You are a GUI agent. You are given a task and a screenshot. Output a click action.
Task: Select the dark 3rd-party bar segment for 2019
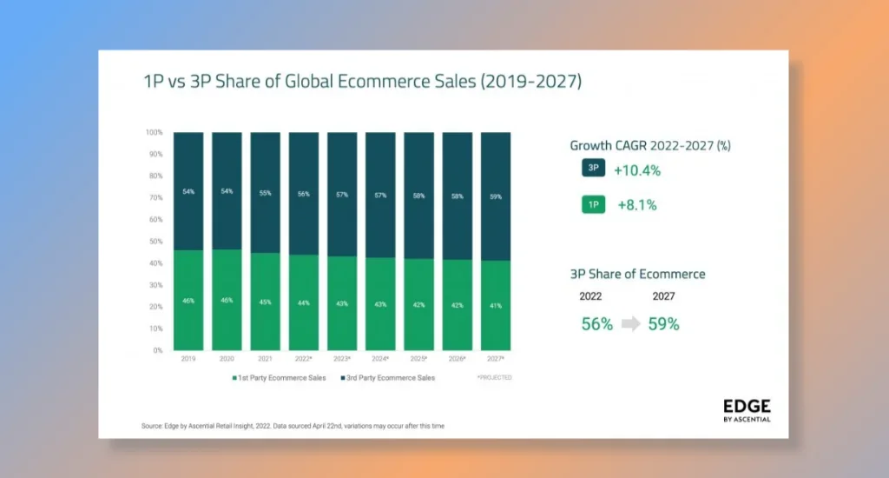188,191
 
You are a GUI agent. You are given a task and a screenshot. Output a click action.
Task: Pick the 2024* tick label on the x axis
380,358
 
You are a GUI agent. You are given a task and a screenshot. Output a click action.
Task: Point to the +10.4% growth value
637,170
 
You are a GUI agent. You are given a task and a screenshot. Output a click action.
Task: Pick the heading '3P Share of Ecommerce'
637,274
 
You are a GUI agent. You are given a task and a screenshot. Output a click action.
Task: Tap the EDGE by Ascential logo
746,410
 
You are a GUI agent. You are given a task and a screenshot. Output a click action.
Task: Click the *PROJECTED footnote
494,377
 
